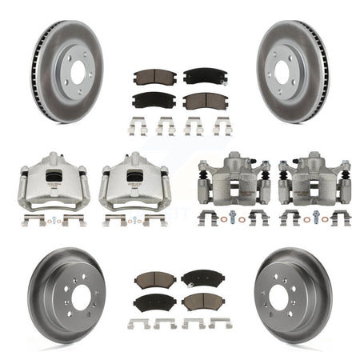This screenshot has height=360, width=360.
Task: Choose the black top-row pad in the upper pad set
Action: (202, 76)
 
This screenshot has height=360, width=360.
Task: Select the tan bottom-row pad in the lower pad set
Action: (202, 302)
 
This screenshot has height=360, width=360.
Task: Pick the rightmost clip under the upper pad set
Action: (222, 125)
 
